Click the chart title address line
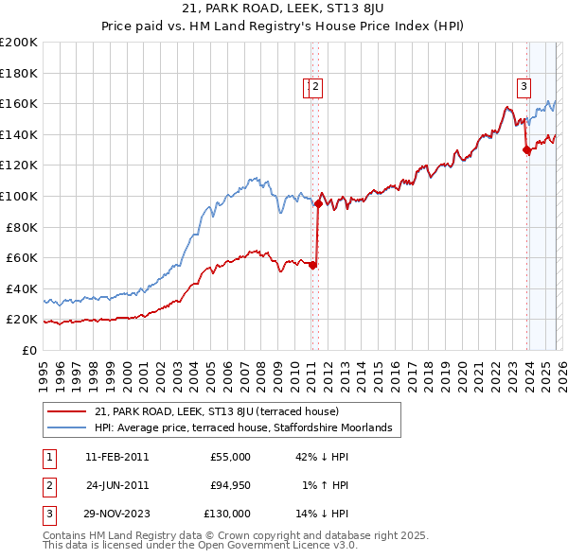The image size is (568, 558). [x=283, y=9]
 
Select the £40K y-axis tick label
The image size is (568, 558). [x=21, y=288]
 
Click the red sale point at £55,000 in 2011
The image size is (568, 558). [x=312, y=265]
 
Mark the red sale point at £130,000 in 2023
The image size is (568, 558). [x=526, y=149]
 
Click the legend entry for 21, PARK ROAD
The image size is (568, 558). [x=223, y=411]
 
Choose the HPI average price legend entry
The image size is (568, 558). [x=249, y=428]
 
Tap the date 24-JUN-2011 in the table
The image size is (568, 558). [x=116, y=485]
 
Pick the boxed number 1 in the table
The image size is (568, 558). [x=47, y=457]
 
